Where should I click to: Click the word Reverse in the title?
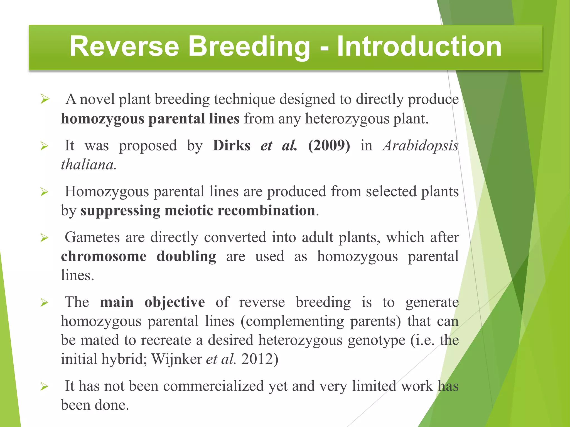(x=124, y=46)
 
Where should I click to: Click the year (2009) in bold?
(x=329, y=145)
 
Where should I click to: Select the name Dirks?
(x=232, y=145)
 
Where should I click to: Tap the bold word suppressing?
(x=120, y=210)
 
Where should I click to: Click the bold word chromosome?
(x=104, y=256)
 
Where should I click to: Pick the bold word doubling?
(x=186, y=256)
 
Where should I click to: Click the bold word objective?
(x=175, y=302)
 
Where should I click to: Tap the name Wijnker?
(x=176, y=359)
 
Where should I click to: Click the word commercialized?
(x=213, y=386)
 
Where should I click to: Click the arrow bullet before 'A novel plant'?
(x=45, y=99)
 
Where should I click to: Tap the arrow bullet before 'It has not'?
(x=45, y=386)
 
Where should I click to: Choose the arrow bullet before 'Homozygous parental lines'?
(x=45, y=192)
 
